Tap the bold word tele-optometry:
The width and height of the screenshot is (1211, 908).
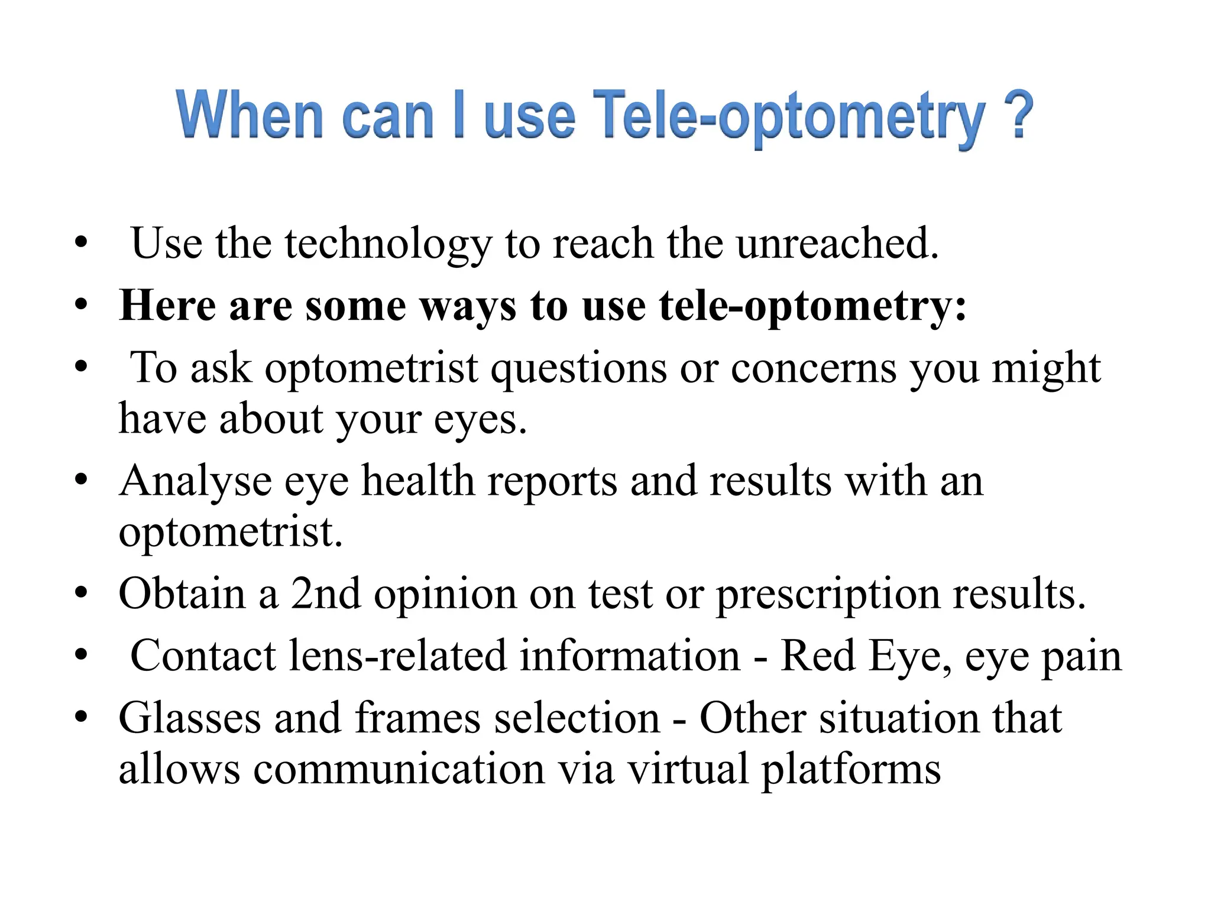812,307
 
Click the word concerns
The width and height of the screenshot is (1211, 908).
814,369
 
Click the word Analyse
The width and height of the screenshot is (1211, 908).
195,481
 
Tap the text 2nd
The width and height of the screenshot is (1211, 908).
325,594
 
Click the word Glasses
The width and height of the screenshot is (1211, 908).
189,718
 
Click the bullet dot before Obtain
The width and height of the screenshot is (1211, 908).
82,592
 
